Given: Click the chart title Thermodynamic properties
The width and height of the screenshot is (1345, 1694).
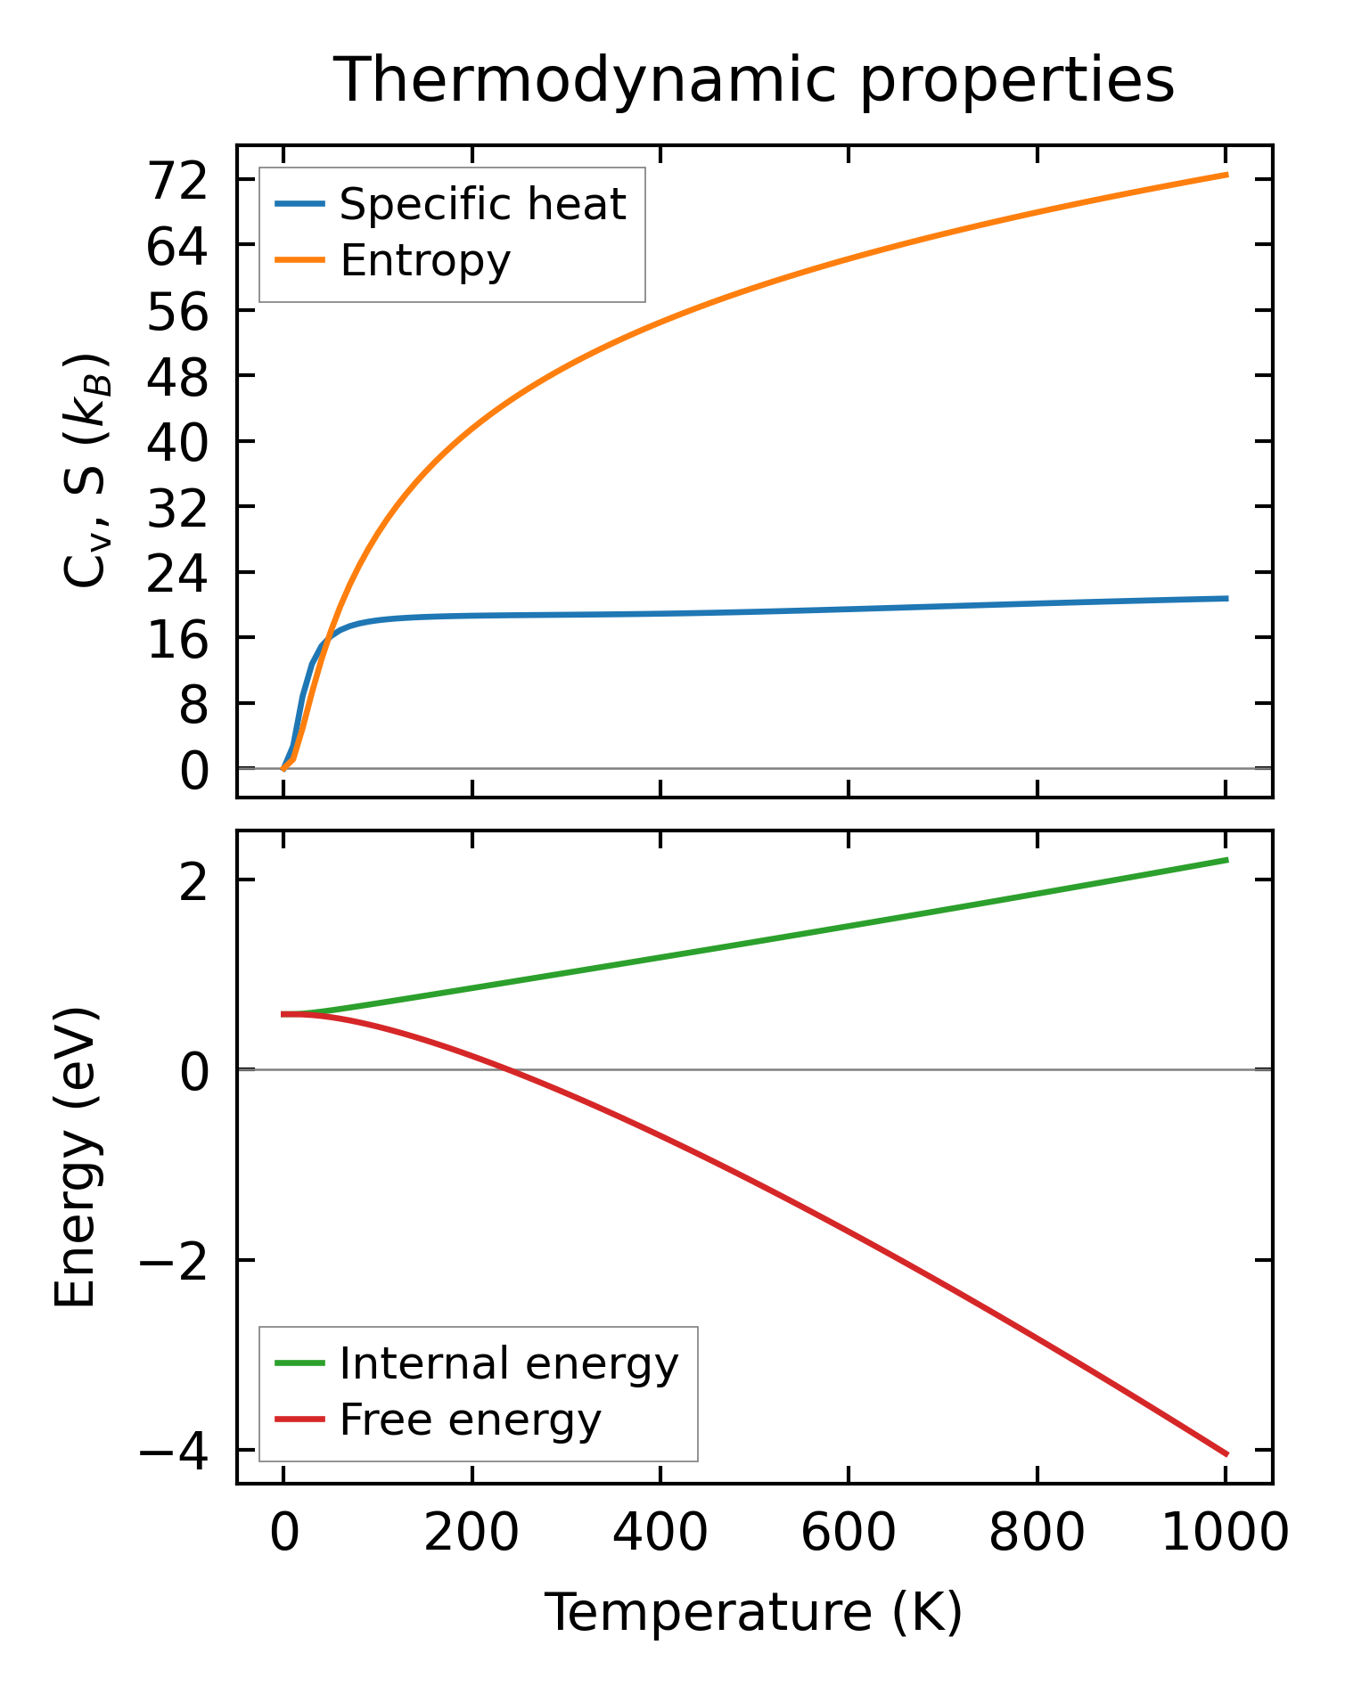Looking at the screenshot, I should coord(754,80).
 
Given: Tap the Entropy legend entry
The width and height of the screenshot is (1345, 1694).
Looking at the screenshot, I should coord(424,261).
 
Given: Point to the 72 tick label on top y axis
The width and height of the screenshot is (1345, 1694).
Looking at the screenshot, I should coord(177,181).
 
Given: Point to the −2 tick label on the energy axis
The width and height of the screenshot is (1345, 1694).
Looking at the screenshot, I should coord(173,1261).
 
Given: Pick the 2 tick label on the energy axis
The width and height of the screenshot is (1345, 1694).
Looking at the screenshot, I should coord(193,881).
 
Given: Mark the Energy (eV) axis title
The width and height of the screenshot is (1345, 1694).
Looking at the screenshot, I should coord(75,1158).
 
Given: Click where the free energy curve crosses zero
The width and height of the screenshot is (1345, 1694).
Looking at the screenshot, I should coord(506,1069).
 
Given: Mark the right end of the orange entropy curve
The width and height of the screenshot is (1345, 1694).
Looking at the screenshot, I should coord(1227,175).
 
